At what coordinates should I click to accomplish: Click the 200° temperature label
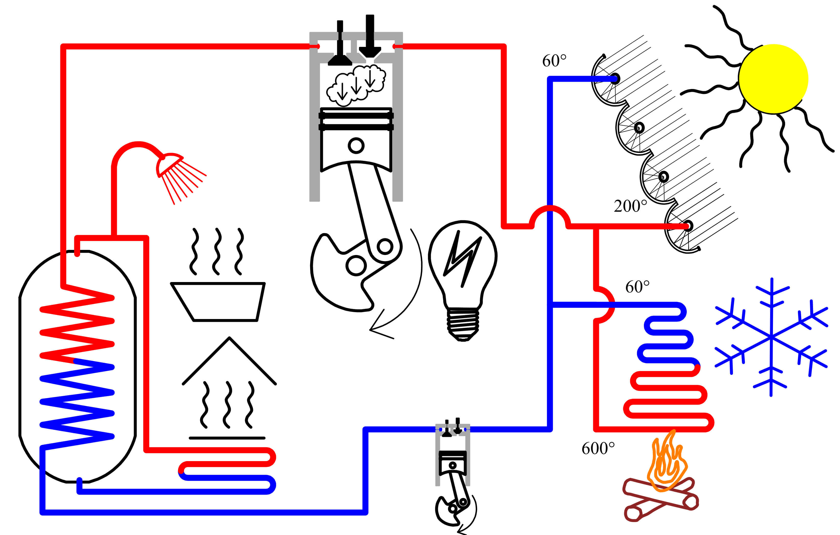click(x=630, y=206)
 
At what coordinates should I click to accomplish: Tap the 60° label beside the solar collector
click(x=554, y=61)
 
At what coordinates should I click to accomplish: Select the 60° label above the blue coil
click(x=637, y=287)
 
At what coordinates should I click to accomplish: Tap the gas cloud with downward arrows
click(x=356, y=85)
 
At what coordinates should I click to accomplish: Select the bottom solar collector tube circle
click(x=688, y=226)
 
